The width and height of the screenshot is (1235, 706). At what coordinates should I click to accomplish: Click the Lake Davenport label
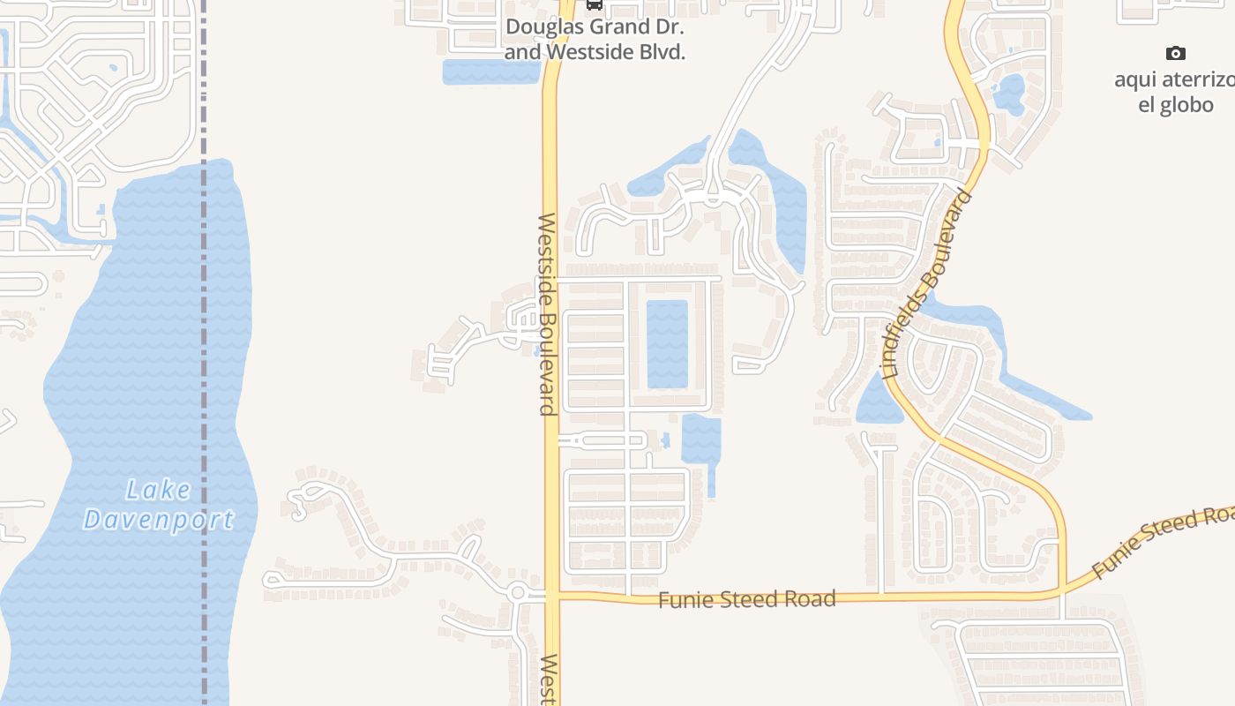click(159, 505)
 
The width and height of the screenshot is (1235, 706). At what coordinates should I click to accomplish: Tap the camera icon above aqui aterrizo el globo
click(1175, 54)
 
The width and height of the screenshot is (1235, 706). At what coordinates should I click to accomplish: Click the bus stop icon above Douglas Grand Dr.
click(595, 4)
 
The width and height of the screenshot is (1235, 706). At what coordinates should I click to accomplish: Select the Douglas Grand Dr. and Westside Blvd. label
click(595, 40)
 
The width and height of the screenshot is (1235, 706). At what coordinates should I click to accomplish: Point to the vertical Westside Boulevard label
click(547, 313)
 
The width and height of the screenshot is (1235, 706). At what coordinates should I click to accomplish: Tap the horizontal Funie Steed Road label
click(747, 600)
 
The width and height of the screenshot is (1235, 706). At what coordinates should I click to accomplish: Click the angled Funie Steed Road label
click(1163, 540)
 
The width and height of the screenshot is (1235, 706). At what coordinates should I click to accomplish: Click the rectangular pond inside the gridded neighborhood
click(667, 343)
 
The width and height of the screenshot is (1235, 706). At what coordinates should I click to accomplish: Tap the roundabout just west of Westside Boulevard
click(518, 593)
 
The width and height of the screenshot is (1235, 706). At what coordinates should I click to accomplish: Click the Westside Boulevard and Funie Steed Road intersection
click(552, 597)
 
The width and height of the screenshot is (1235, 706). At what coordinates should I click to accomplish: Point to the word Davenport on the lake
click(160, 520)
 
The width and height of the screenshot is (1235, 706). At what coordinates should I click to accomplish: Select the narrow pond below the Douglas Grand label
click(490, 71)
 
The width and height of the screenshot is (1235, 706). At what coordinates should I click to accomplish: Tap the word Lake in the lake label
click(158, 490)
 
